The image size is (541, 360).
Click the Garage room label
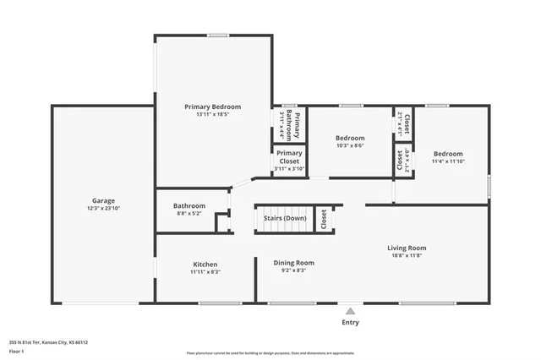tap(103, 201)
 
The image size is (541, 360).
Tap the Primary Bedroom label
tap(213, 106)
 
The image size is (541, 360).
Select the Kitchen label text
tap(205, 265)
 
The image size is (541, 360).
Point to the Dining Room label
tap(293, 263)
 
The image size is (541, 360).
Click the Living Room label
tap(407, 248)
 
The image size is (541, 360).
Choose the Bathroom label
tap(189, 205)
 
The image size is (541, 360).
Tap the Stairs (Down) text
tap(285, 218)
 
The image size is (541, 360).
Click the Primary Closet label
tap(288, 156)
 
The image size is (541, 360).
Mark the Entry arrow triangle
tap(349, 310)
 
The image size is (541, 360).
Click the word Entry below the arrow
tap(349, 322)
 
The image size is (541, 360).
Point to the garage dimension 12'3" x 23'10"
tap(103, 209)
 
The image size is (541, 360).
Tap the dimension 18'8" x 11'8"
tap(407, 255)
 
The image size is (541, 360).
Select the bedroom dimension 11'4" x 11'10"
tap(447, 161)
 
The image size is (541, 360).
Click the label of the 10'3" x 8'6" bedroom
tap(349, 138)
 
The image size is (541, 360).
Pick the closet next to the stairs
tap(323, 219)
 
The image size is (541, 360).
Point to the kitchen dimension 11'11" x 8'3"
tap(205, 272)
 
